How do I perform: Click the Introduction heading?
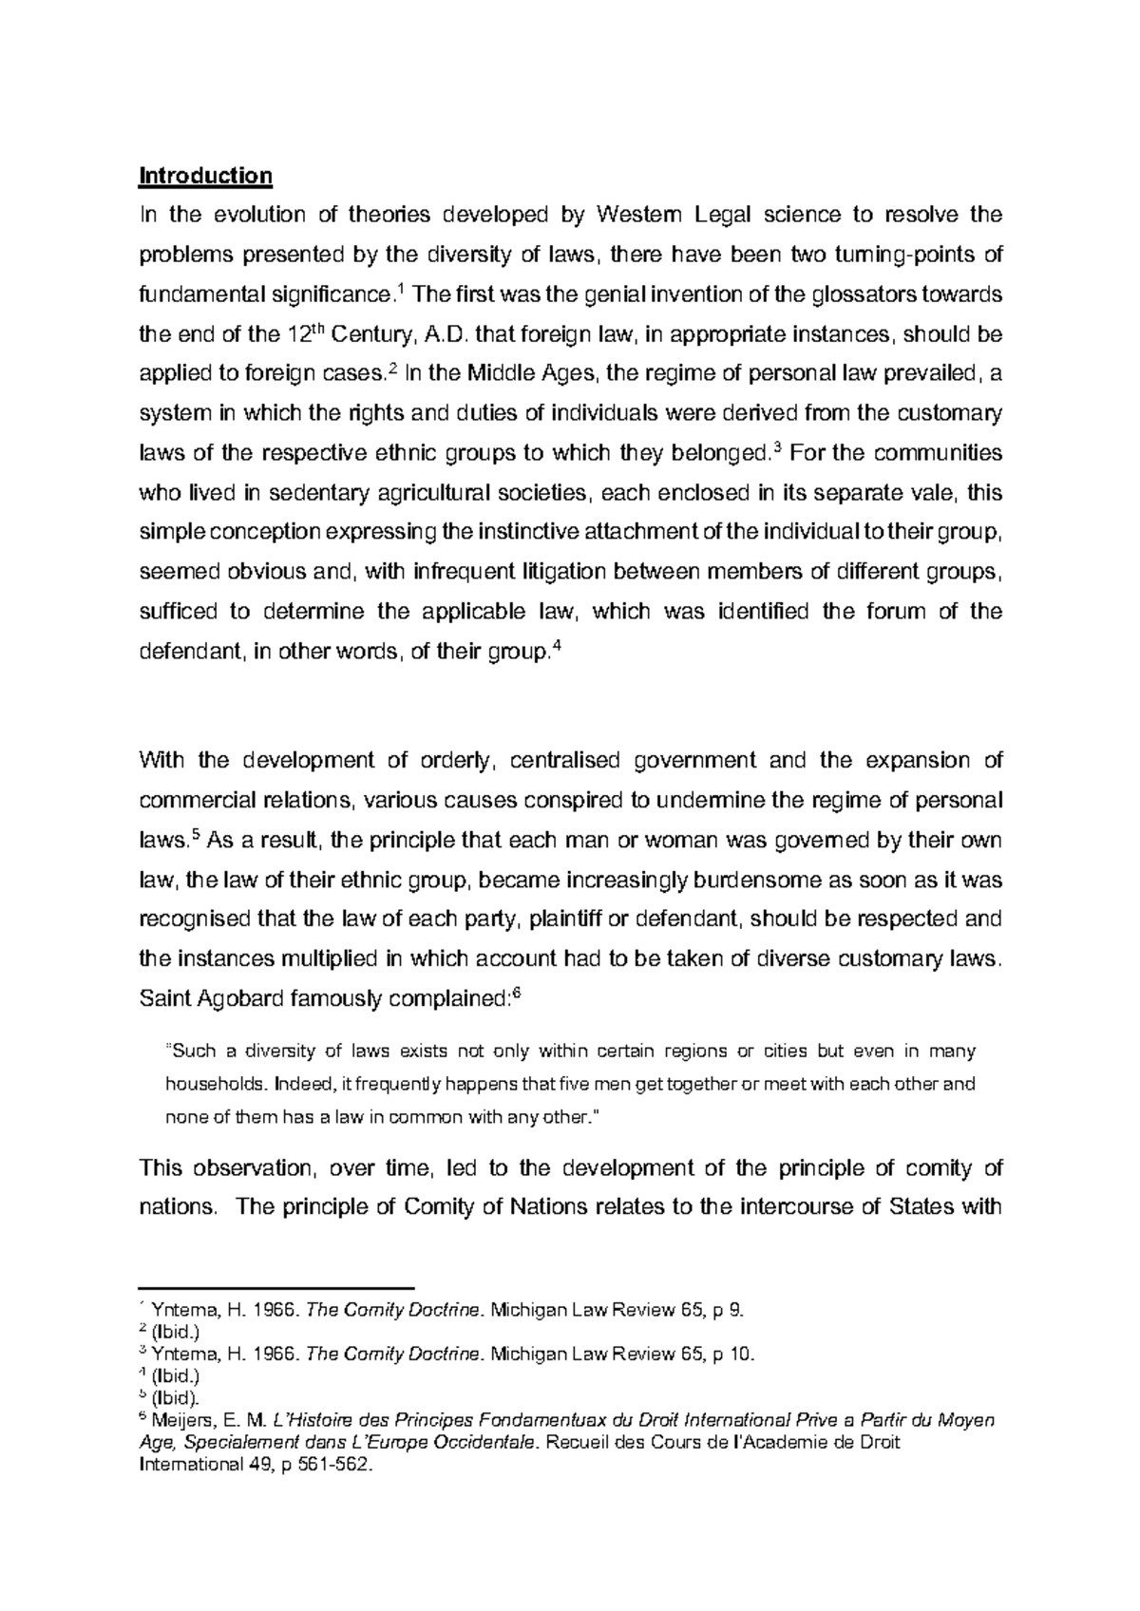tap(205, 176)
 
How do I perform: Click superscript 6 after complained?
tap(517, 994)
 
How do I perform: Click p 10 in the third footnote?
tap(736, 1355)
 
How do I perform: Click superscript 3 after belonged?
tap(778, 447)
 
